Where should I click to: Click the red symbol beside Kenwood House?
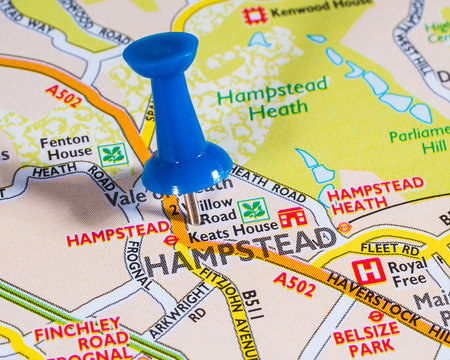coord(255,15)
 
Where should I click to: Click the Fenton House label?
coord(66,149)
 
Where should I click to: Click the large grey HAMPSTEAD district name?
coord(241,252)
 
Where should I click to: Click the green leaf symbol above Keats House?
coord(252,210)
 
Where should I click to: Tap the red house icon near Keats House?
coord(292,217)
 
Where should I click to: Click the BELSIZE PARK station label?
coord(366,340)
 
